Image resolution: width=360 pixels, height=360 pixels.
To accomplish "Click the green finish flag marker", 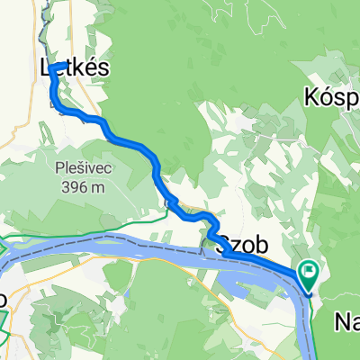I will coord(310,269).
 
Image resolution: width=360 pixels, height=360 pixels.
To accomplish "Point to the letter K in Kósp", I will coord(312,94).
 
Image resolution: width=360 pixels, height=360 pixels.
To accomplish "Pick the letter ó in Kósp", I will coord(327,94).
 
